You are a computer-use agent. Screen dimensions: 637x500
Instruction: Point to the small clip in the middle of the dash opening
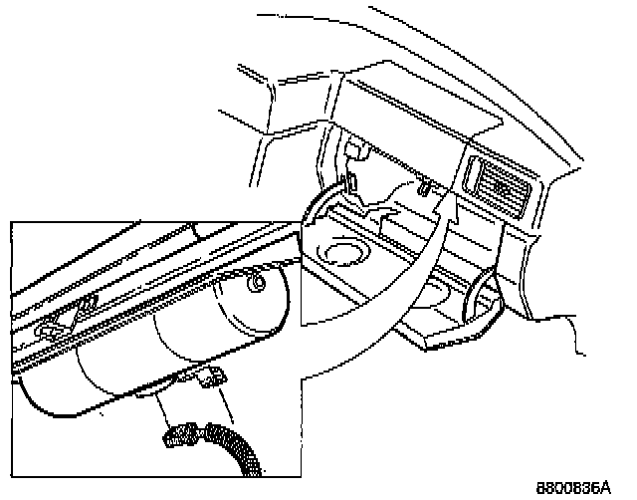coord(424,187)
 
